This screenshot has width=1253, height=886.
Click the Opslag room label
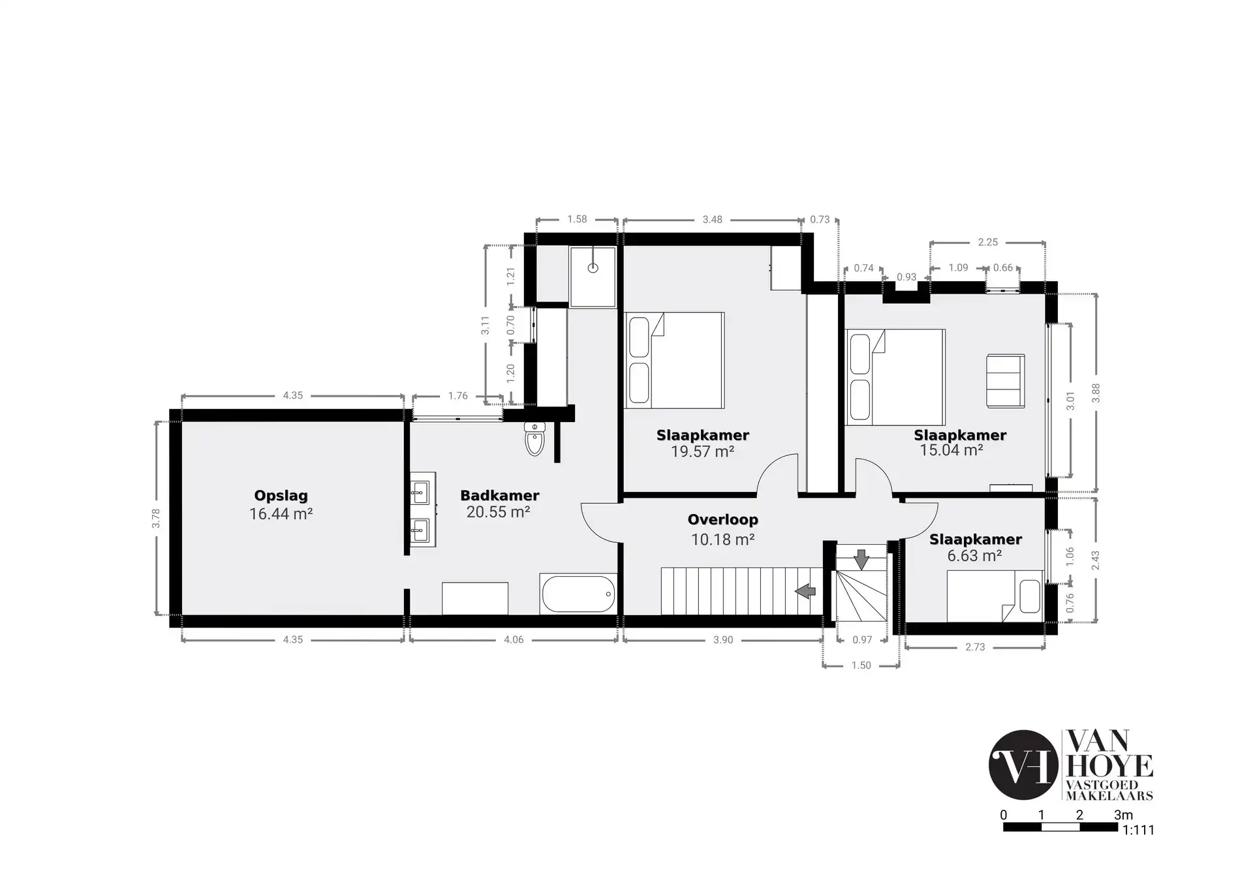click(x=281, y=496)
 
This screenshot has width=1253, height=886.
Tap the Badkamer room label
click(x=500, y=495)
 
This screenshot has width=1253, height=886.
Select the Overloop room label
click(x=723, y=520)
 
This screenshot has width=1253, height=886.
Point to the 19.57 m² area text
click(x=703, y=451)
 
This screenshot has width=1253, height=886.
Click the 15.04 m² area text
click(x=951, y=450)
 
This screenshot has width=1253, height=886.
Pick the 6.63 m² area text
click(x=974, y=556)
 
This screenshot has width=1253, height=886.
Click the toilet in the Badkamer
click(x=534, y=438)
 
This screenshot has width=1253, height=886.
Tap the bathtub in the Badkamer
click(x=578, y=594)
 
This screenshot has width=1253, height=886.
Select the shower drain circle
click(x=593, y=267)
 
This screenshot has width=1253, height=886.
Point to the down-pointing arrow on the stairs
click(x=861, y=559)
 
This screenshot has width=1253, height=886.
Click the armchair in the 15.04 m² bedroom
click(x=1006, y=381)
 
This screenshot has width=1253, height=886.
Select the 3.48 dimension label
click(x=713, y=220)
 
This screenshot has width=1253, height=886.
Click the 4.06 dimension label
click(x=514, y=640)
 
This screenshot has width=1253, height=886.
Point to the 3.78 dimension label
click(x=156, y=518)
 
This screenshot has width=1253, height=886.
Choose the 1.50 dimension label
click(x=861, y=665)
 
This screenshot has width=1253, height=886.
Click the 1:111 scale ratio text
click(x=1138, y=831)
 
